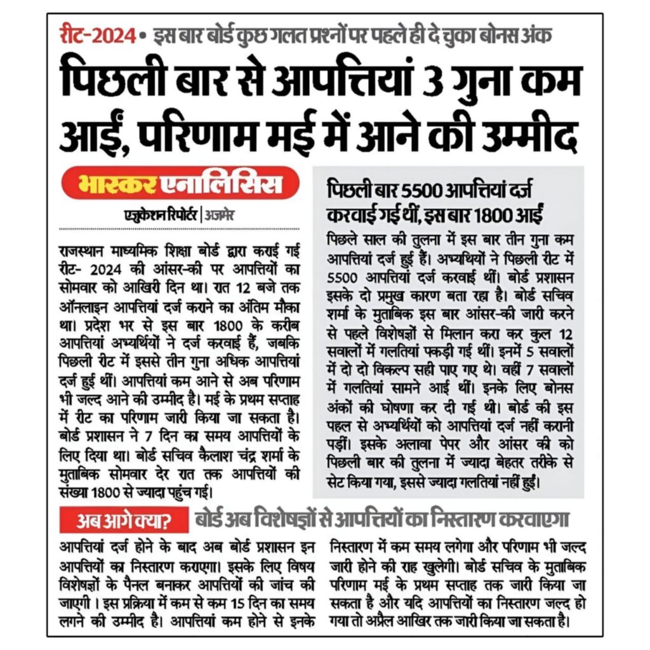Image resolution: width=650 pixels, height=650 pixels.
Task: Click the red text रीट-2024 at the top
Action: coord(96,36)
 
